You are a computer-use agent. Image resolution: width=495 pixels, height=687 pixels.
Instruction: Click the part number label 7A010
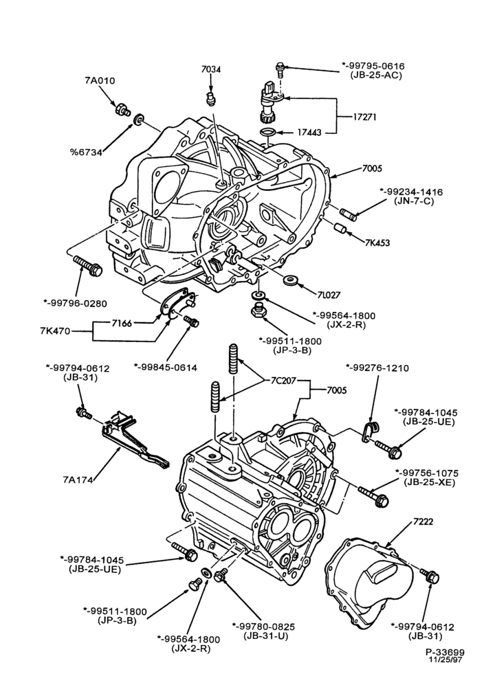point(100,80)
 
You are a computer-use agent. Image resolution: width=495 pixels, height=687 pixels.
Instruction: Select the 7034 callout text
point(211,69)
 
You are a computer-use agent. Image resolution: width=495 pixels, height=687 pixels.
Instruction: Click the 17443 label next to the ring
point(309,132)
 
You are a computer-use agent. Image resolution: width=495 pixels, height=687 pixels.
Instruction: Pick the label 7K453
point(377,243)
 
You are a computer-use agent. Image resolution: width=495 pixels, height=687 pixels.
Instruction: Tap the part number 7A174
point(78,480)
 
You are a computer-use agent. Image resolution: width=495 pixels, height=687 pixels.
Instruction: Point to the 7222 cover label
point(423,521)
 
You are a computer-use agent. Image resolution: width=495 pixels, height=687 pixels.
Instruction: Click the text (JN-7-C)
point(411,202)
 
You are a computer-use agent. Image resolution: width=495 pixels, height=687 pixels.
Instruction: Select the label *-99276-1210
point(377,368)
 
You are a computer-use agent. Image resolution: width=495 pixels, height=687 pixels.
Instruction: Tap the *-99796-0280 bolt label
point(75,303)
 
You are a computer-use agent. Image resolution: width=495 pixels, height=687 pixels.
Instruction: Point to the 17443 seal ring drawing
point(268,132)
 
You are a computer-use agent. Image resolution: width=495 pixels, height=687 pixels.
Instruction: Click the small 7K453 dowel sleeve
point(340,229)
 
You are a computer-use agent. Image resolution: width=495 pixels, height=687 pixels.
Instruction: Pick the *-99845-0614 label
point(165,367)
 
